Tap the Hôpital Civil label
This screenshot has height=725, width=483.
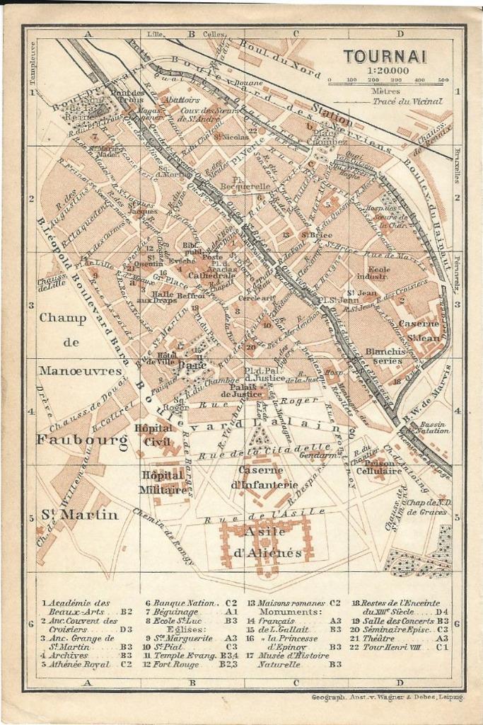[154, 434]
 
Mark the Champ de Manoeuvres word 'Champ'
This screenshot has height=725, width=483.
[63, 318]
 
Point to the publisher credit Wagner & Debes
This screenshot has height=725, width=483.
[388, 697]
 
